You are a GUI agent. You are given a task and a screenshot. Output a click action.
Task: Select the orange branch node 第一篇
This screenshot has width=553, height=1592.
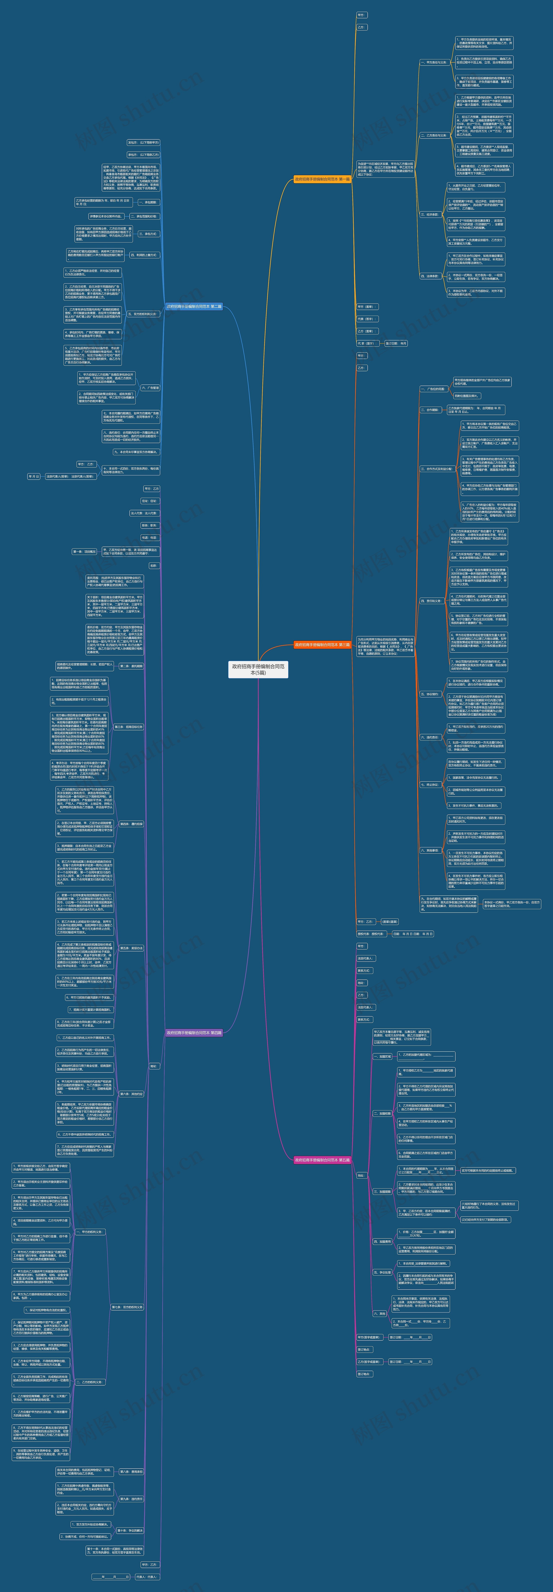click(x=322, y=179)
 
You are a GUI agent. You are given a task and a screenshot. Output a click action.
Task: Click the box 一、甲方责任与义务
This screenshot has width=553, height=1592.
click(x=433, y=62)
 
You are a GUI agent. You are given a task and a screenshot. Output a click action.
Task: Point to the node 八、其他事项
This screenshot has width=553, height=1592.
click(x=429, y=850)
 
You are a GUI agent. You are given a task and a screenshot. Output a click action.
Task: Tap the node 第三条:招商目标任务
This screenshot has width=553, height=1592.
click(x=129, y=727)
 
